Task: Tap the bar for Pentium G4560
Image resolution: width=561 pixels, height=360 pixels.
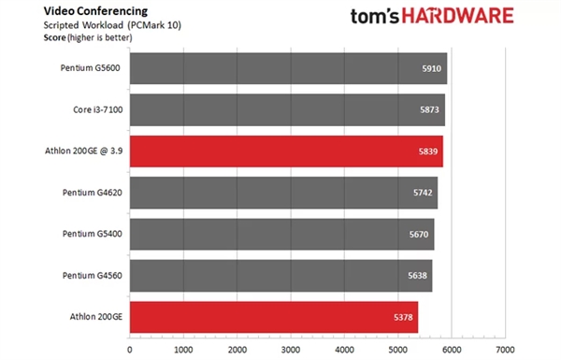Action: click(280, 276)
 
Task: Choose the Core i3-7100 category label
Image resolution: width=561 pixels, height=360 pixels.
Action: click(97, 110)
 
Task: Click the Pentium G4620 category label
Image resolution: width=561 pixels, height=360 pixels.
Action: click(92, 193)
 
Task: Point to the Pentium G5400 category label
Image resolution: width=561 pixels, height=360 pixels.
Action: click(92, 235)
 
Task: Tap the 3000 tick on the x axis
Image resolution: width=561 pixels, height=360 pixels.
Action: click(291, 350)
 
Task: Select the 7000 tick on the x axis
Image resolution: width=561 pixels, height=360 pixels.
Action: click(506, 350)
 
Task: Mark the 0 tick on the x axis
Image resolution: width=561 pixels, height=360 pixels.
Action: click(129, 350)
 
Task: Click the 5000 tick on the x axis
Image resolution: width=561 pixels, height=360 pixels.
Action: click(398, 350)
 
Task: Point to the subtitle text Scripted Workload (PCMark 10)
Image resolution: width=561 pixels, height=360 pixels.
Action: click(80, 25)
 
